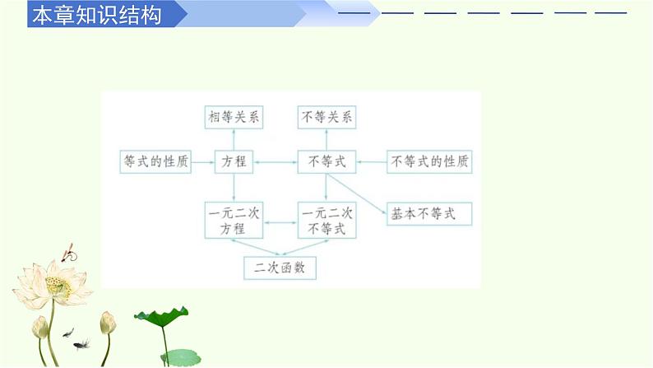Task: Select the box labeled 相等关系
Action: tap(234, 118)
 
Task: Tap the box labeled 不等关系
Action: tap(326, 118)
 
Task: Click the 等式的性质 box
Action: tap(155, 162)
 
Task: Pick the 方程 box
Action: tap(234, 162)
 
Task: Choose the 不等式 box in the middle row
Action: tap(326, 162)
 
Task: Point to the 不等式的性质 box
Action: tap(430, 162)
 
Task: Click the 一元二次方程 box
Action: tap(234, 221)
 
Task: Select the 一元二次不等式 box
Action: tap(326, 221)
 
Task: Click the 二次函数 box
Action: tap(280, 268)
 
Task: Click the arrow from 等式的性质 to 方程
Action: tap(203, 162)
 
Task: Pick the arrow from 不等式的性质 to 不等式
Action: tap(372, 162)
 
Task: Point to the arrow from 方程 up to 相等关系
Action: tap(234, 140)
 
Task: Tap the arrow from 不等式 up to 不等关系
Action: tap(326, 140)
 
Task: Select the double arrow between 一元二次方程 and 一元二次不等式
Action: tap(280, 221)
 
